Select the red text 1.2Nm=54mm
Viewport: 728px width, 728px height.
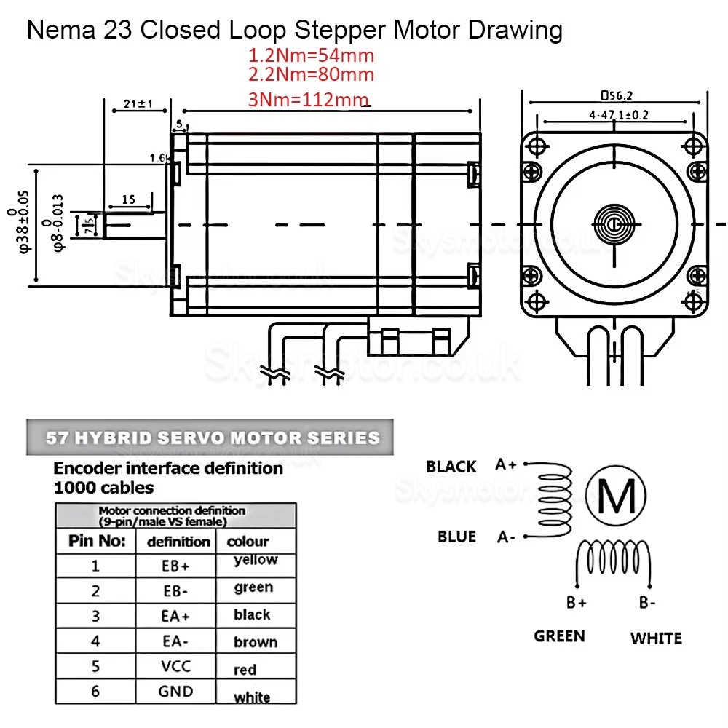[x=311, y=55]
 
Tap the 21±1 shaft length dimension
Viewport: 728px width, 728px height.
[x=138, y=104]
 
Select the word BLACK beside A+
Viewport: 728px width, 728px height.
[x=451, y=467]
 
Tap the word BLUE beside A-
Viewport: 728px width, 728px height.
[x=456, y=537]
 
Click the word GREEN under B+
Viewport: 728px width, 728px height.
[x=559, y=636]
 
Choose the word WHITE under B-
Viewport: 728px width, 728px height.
[x=656, y=638]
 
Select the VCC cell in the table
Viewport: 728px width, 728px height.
[x=175, y=666]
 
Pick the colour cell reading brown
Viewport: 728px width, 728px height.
[x=256, y=642]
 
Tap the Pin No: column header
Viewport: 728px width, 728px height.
[x=97, y=541]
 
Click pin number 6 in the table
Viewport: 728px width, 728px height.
[x=95, y=691]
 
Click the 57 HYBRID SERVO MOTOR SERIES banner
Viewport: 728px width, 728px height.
[x=213, y=438]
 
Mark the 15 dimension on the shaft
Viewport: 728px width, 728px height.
[x=129, y=199]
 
